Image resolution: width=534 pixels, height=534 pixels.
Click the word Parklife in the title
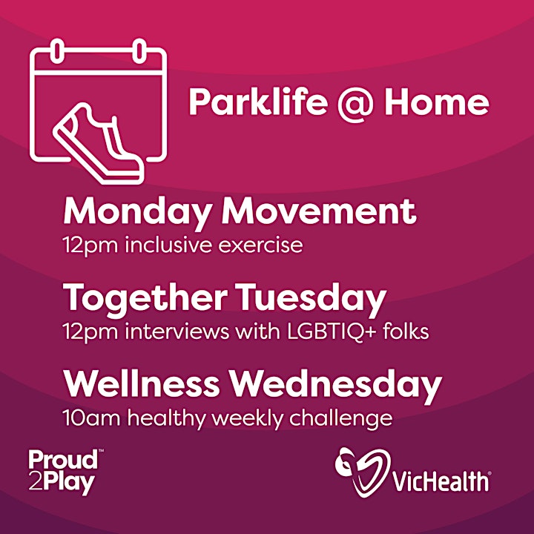[258, 101]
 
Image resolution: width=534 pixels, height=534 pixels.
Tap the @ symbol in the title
[355, 103]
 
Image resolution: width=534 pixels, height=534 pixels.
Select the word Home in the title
[437, 102]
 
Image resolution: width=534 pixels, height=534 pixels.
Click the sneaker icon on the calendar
[99, 143]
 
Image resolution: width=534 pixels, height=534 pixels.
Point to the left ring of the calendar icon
[57, 50]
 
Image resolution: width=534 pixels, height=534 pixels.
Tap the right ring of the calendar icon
[139, 50]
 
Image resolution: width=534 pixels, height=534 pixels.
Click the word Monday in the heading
[136, 213]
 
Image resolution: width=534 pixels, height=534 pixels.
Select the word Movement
[319, 212]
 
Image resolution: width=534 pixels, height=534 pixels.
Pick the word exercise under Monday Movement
[260, 245]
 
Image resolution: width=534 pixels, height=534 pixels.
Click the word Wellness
[142, 384]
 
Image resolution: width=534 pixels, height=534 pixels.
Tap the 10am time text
[92, 418]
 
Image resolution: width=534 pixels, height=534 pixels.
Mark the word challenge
[341, 418]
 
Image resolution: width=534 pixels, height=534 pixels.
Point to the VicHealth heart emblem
[363, 471]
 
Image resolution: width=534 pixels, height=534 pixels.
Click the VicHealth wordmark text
[442, 481]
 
